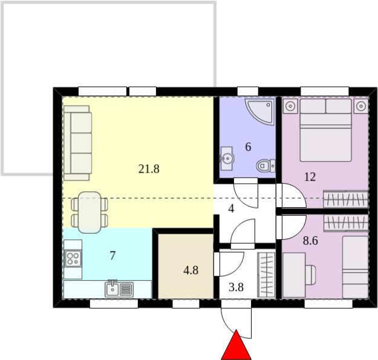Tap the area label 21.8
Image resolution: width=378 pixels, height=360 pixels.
pos(149,169)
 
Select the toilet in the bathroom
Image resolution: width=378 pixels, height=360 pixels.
pos(266,166)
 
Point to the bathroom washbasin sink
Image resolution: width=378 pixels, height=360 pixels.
pos(227,158)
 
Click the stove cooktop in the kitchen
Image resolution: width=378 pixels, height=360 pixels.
pos(73,259)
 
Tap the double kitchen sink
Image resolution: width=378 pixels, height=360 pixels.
pos(119,289)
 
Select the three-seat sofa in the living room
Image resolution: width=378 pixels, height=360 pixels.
pos(77,143)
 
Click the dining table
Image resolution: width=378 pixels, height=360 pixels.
pos(90,213)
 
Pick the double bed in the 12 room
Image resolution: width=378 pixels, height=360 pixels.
pos(325,130)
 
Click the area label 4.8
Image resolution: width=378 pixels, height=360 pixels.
pos(191,271)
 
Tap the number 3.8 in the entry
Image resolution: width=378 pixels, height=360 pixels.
pos(236,288)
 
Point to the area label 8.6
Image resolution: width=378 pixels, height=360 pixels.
pos(310,240)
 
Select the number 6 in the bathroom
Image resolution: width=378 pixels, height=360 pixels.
pos(248,147)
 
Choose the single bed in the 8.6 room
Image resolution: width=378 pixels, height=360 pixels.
pos(356,268)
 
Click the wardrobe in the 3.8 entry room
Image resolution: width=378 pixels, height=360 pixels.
pos(266,275)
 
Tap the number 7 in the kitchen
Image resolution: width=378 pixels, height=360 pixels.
pos(112,256)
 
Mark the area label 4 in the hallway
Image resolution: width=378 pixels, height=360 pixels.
pos(231,208)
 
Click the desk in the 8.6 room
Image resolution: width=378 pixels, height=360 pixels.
pos(294,275)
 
